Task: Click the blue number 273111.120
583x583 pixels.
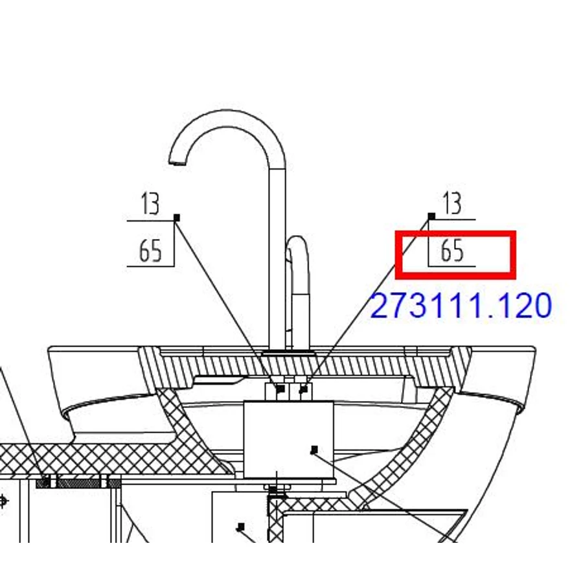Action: point(461,306)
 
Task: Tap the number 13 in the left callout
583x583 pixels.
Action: point(150,203)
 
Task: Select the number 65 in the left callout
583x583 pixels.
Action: point(150,251)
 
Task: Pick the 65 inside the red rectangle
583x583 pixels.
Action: point(452,250)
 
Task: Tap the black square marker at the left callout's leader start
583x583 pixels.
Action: point(177,218)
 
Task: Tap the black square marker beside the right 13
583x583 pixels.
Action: point(431,216)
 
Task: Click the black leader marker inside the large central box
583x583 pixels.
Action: point(314,450)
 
